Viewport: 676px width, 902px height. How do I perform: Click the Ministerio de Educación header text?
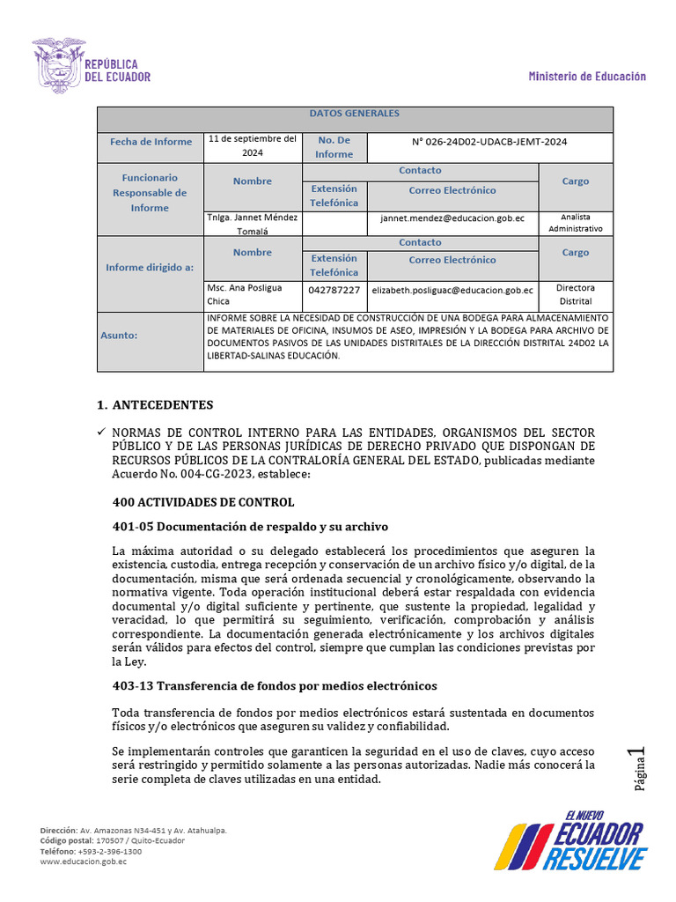(x=586, y=77)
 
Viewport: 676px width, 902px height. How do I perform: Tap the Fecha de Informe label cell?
(x=151, y=142)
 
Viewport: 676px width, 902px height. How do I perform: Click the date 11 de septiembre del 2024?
(x=253, y=145)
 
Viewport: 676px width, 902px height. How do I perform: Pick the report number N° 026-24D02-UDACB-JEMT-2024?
(x=489, y=142)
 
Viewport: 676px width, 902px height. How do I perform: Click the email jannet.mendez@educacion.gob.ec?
(x=452, y=218)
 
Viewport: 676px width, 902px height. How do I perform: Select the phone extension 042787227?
(x=334, y=290)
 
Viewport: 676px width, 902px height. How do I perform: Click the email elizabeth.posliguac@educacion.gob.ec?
(x=452, y=290)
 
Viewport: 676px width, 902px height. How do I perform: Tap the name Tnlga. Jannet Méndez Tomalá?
(x=253, y=224)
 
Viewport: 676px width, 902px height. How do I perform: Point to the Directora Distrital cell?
(x=576, y=294)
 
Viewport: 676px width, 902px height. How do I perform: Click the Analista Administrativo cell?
(x=576, y=222)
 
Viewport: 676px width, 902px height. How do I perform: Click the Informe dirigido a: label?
(x=151, y=267)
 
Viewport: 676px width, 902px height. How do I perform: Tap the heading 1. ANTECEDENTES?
(x=155, y=405)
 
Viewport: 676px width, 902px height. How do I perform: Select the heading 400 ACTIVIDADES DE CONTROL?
(x=203, y=502)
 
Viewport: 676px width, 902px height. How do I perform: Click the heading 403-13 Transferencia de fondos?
(x=275, y=685)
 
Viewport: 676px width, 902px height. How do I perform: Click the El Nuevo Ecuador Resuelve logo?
(x=569, y=842)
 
